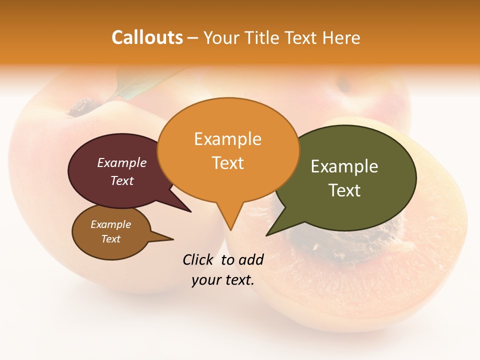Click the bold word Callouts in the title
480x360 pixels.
pos(147,37)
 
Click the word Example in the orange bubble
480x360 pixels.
pos(227,139)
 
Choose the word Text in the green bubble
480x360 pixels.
pos(344,190)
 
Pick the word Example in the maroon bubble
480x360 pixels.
pos(121,163)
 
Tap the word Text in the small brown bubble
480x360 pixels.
pos(110,239)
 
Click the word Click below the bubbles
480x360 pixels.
pos(198,259)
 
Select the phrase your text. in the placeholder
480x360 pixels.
pos(223,280)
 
